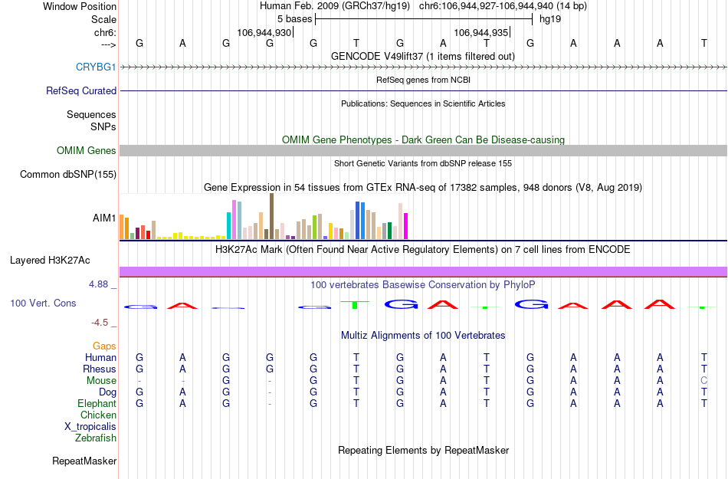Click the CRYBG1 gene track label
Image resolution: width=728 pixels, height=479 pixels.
(96, 67)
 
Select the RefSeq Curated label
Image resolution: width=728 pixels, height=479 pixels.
(81, 90)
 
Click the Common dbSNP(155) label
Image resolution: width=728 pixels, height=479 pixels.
(68, 175)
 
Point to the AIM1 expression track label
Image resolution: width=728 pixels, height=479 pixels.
(104, 218)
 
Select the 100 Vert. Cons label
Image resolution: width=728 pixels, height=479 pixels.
(43, 303)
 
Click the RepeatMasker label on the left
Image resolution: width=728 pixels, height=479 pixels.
(84, 461)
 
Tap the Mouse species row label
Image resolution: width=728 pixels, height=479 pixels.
(101, 381)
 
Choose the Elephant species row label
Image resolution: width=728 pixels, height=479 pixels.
(97, 404)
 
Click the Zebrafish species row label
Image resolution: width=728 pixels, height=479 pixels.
(96, 438)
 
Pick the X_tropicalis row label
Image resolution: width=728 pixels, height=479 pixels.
(90, 427)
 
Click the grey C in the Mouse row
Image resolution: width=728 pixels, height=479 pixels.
(703, 381)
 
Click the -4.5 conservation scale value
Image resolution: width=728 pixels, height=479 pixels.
(103, 323)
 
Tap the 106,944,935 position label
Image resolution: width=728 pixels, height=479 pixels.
(480, 33)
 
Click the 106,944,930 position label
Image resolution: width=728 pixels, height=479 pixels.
(264, 33)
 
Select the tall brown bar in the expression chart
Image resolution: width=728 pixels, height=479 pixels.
(271, 216)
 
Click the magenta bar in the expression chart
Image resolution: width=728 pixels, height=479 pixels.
(405, 225)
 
